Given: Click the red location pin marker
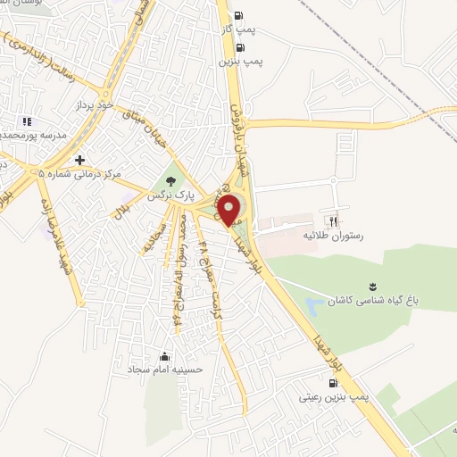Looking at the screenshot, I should (x=229, y=209).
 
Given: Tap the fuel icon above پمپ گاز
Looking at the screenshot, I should (x=237, y=14).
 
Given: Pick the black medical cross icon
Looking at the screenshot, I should (x=80, y=161).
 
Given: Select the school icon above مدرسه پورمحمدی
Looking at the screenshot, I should (x=26, y=121).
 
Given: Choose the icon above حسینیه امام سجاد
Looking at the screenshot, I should (x=164, y=355).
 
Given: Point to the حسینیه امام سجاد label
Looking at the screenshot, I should (x=165, y=369).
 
